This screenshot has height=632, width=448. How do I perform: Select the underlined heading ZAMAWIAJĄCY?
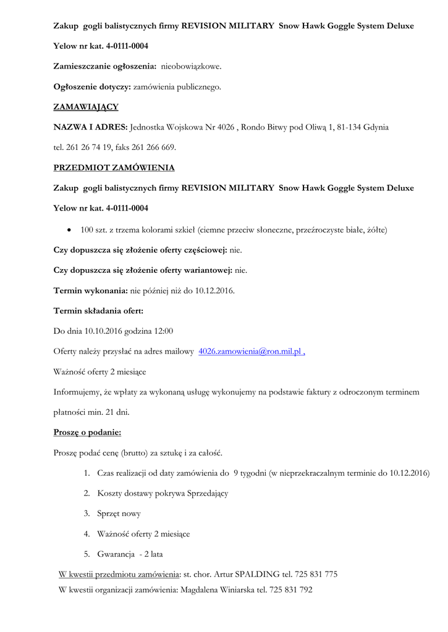point(86,107)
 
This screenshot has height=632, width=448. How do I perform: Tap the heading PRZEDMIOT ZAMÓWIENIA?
point(114,167)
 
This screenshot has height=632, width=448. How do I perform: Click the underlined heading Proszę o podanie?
point(87,433)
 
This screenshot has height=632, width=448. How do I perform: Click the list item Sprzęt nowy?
point(119,513)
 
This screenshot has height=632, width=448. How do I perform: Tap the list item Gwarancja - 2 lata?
point(130,554)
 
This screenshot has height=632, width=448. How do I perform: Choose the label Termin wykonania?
point(91,291)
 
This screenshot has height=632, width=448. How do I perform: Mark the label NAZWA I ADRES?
point(91,127)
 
